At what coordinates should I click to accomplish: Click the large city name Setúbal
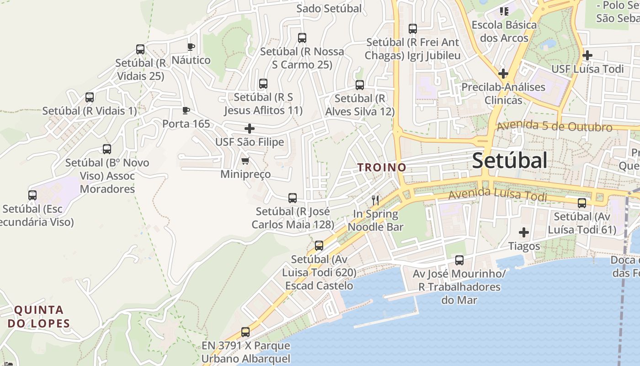(x=509, y=161)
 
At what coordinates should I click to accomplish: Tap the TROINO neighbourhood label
(x=382, y=167)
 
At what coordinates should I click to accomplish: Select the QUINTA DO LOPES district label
(x=39, y=317)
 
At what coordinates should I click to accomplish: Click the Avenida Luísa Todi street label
(x=497, y=195)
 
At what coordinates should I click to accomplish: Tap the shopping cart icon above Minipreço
(x=245, y=161)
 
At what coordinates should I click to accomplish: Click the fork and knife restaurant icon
(x=375, y=200)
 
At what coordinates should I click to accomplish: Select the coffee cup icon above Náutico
(x=191, y=47)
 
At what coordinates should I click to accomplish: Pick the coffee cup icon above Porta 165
(x=186, y=110)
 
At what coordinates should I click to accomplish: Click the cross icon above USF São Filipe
(x=250, y=129)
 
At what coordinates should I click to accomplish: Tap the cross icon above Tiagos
(x=524, y=232)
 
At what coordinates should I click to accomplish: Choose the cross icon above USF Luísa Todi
(x=587, y=55)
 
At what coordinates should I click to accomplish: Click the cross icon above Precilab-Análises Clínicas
(x=503, y=73)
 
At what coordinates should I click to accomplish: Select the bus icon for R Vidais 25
(x=140, y=49)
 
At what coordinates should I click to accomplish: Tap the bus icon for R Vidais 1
(x=90, y=97)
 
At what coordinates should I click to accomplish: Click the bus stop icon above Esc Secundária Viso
(x=32, y=195)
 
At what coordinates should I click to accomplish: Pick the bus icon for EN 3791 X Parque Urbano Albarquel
(x=245, y=332)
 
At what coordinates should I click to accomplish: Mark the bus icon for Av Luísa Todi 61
(x=582, y=203)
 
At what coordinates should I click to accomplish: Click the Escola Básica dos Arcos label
(x=504, y=31)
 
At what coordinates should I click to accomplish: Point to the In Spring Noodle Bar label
(x=376, y=220)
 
